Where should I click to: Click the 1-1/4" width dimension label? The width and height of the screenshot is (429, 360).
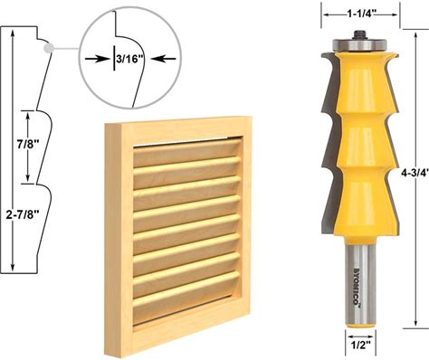coord(360,14)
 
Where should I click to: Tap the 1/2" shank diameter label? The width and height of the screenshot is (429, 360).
coord(360,346)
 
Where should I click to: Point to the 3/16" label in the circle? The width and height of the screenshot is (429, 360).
coord(129,59)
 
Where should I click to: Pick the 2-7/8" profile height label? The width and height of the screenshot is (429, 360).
coord(23,214)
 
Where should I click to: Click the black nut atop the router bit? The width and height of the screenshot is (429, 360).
coord(359,34)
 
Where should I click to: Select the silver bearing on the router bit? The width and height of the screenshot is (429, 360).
coord(359,45)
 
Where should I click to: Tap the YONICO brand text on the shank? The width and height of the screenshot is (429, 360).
coord(357,286)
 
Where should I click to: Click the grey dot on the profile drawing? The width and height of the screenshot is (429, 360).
coord(48,48)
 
